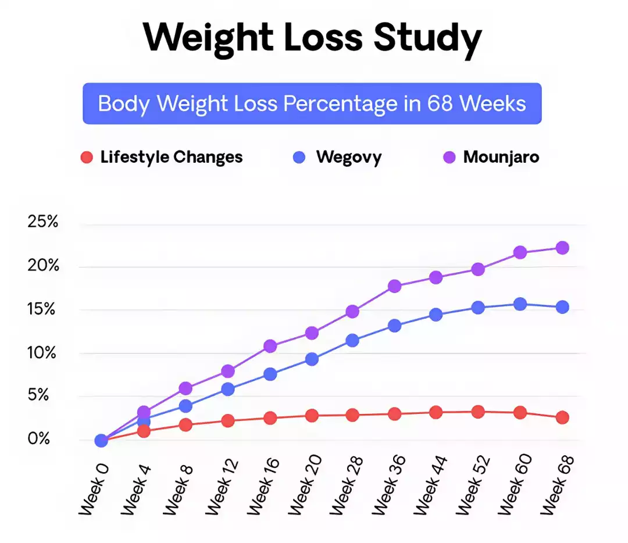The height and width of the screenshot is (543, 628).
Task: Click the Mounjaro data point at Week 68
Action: click(x=562, y=248)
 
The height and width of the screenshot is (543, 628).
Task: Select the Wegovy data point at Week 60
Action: click(x=520, y=304)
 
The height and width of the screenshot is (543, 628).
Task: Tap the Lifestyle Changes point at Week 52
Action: click(x=478, y=412)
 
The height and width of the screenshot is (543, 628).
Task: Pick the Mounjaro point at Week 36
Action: click(x=395, y=286)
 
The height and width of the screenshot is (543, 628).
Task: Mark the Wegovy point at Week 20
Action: click(x=312, y=359)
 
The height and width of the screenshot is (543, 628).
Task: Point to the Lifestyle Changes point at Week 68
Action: click(x=562, y=417)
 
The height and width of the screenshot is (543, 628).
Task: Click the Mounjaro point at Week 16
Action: click(x=270, y=346)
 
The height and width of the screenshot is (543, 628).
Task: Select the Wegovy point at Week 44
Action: click(x=436, y=315)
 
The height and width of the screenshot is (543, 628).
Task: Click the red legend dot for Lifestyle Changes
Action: click(x=87, y=157)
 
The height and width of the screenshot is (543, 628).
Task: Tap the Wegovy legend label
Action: click(x=349, y=157)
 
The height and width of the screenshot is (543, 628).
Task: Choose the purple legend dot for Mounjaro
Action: click(x=449, y=157)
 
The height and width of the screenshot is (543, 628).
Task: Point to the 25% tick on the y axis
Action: click(x=43, y=222)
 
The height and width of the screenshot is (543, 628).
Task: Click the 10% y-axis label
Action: click(x=43, y=353)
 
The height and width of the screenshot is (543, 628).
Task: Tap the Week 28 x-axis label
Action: click(x=347, y=484)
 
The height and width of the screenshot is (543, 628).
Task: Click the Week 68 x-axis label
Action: click(x=558, y=484)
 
